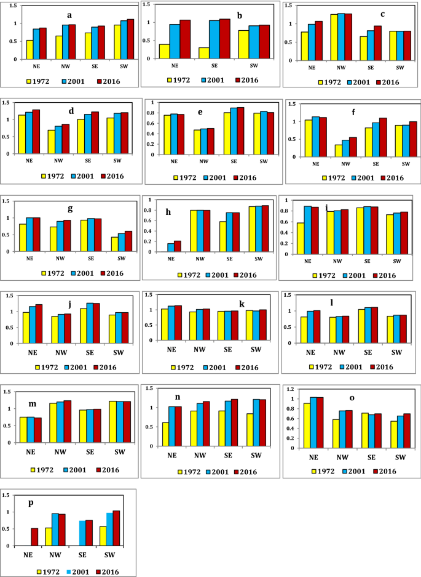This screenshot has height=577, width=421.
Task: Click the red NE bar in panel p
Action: [34, 537]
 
